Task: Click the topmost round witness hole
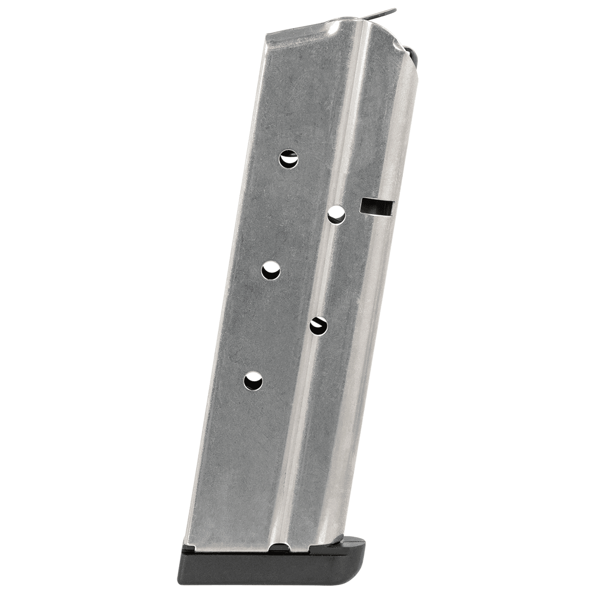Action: tap(288, 159)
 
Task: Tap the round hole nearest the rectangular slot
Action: tap(337, 215)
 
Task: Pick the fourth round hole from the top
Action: tap(317, 325)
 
